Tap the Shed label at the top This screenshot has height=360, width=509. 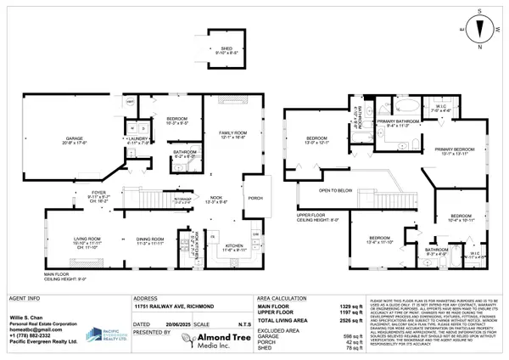[227, 50]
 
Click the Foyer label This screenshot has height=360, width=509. [99, 194]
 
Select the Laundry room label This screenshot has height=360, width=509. [137, 140]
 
